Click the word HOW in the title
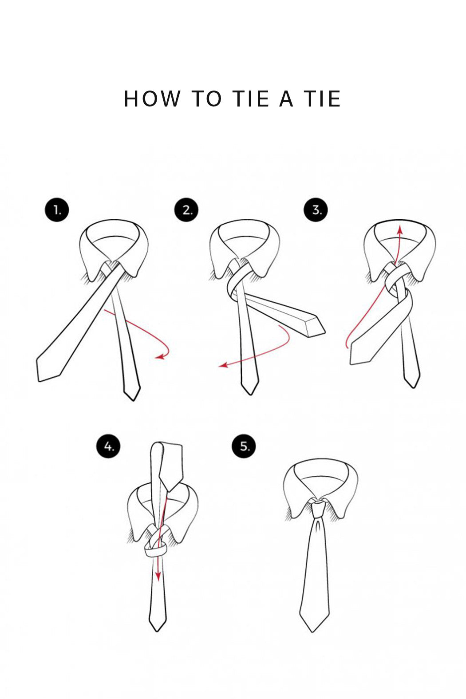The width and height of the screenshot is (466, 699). pos(152,99)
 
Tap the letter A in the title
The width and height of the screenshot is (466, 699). pos(286,99)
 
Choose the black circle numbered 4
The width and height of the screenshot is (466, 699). pos(108,446)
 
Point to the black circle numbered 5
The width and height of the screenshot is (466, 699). pos(244,446)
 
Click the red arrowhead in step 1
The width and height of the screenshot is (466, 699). pos(160,356)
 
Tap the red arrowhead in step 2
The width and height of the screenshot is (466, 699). pos(223,365)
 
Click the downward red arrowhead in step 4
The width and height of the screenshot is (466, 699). pos(158,577)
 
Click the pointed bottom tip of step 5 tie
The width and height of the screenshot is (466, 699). pos(312,632)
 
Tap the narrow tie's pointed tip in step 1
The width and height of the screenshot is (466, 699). pos(133,400)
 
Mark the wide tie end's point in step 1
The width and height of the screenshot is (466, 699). pos(39,381)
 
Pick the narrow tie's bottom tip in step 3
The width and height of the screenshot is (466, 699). pos(413,387)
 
